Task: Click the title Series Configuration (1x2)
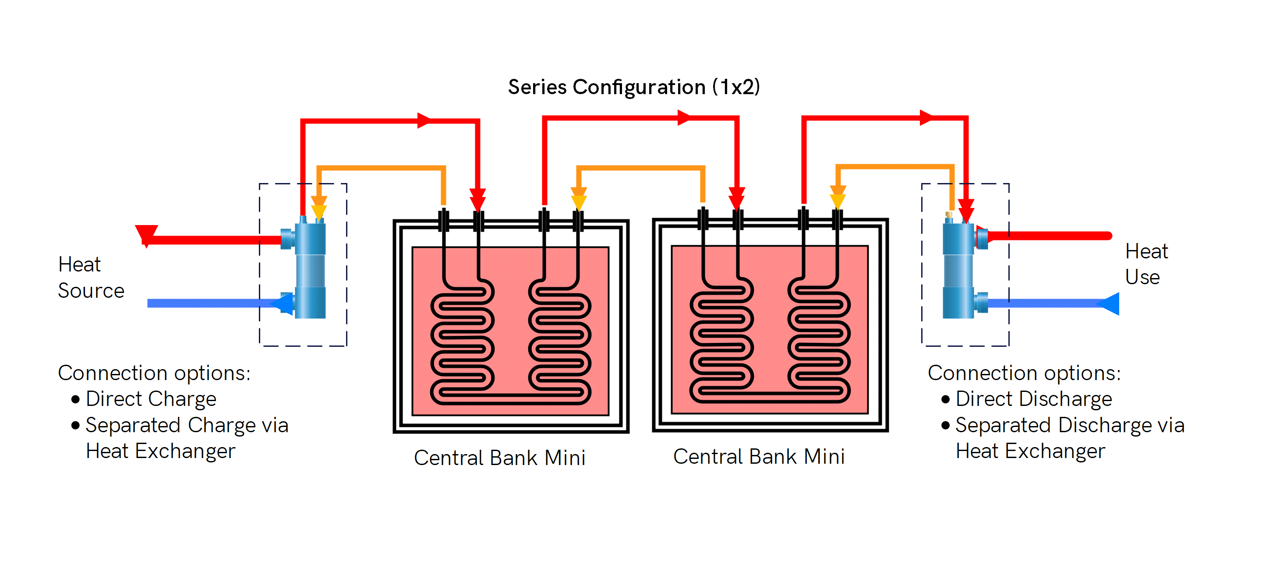[x=633, y=87]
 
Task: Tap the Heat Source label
[x=91, y=277]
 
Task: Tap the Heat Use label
[x=1146, y=264]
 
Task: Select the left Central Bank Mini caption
[x=499, y=458]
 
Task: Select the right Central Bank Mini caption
[x=759, y=457]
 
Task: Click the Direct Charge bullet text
[x=151, y=399]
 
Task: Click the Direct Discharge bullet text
[x=1033, y=399]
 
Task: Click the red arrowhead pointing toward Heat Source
[x=146, y=234]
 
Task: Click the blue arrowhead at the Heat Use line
[x=1110, y=303]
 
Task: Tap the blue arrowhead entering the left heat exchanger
[x=284, y=303]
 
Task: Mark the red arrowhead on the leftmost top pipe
[x=424, y=120]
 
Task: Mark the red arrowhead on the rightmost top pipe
[x=926, y=118]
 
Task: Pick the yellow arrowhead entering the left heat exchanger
[x=319, y=212]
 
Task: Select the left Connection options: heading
[x=154, y=373]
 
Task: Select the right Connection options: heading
[x=1024, y=373]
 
